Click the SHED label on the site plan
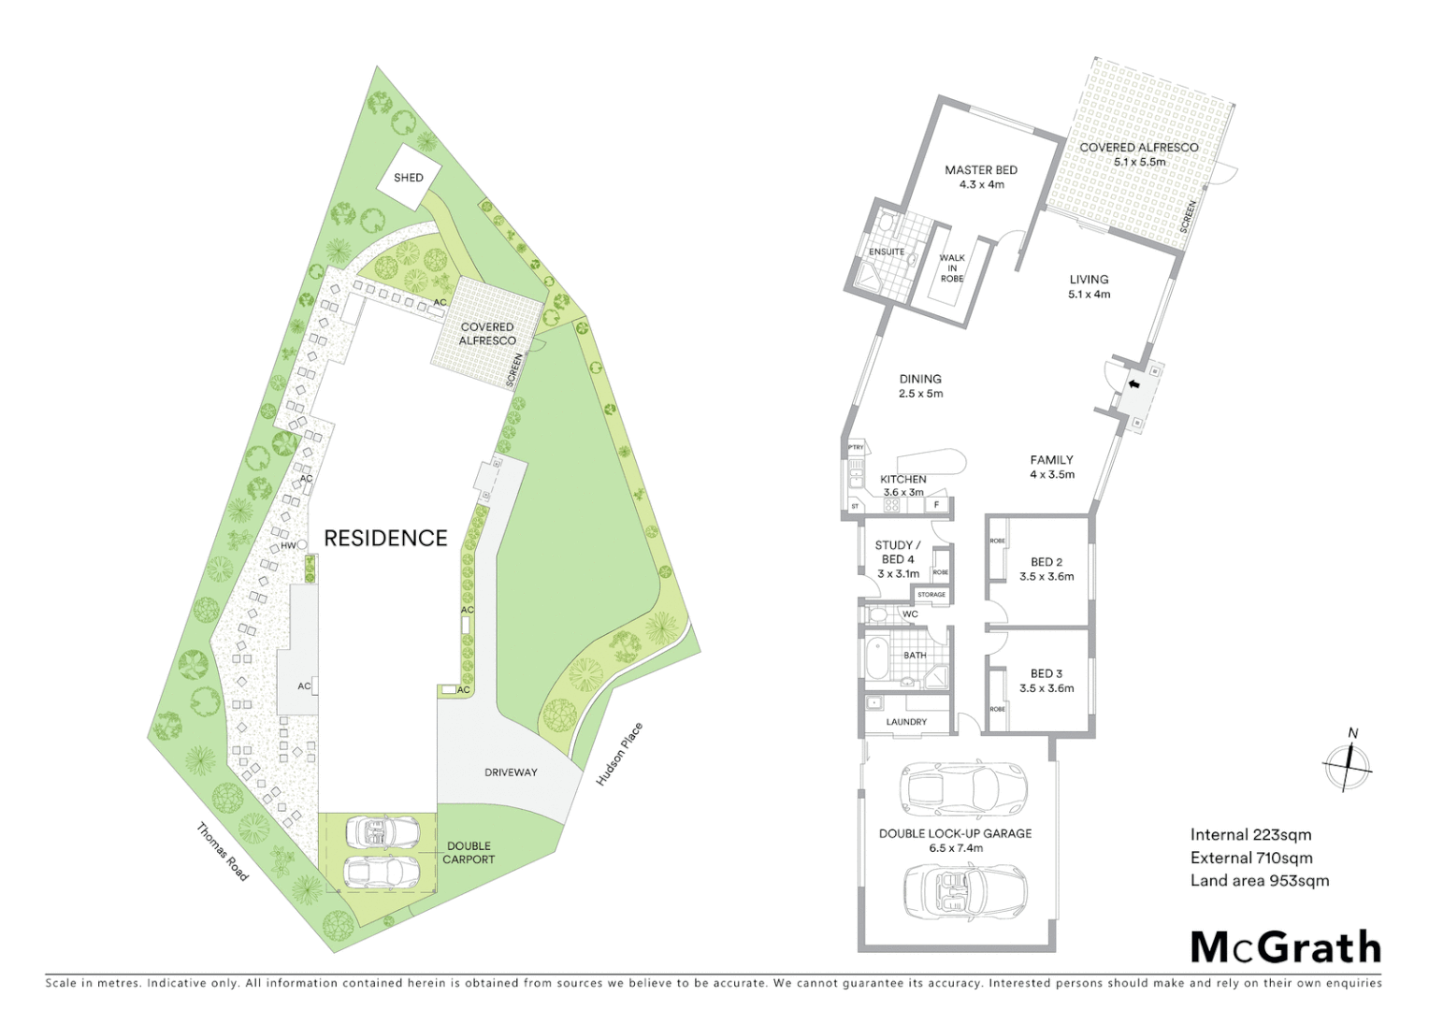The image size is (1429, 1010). coord(408,178)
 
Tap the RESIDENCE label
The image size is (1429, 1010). coord(385,538)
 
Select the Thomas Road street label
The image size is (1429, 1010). coord(223,851)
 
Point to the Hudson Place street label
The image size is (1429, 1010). coord(619,754)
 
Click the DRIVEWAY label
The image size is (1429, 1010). coord(511,772)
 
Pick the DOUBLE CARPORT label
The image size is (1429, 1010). coord(469,852)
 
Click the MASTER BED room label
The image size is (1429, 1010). coord(981,177)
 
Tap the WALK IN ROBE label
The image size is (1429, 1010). coord(952,267)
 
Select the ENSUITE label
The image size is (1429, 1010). coord(887,252)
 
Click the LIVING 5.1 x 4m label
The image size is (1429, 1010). coord(1089,286)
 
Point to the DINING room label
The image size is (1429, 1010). coord(920,385)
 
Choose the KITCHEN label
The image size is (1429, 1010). coord(903,484)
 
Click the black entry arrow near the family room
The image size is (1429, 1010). coord(1134,383)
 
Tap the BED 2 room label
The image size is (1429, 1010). coord(1046,569)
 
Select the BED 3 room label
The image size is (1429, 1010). coord(1046,680)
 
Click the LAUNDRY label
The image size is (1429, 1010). coord(906,722)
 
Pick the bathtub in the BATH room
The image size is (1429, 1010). coord(878,659)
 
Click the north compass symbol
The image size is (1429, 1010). coord(1348,764)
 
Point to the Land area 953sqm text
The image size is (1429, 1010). coord(1259,880)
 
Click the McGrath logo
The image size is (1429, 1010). coord(1285,947)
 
